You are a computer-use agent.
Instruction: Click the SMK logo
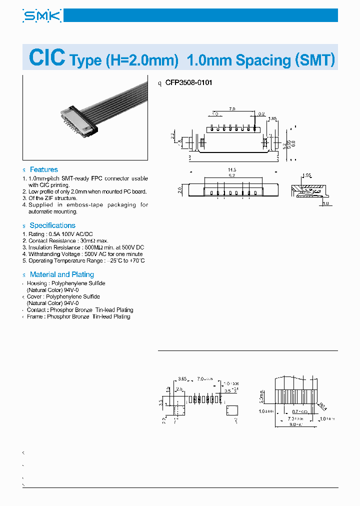[42, 16]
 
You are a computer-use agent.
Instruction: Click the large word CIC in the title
[47, 58]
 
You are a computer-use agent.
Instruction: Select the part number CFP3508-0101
[188, 82]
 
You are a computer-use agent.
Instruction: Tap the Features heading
[43, 169]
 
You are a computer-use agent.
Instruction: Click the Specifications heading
[52, 225]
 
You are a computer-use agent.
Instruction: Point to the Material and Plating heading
[61, 274]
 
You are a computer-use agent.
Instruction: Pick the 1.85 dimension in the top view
[272, 119]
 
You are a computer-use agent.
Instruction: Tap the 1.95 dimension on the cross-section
[306, 175]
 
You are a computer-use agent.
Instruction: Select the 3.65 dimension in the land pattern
[182, 379]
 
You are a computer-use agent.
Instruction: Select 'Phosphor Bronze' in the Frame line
[68, 316]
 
